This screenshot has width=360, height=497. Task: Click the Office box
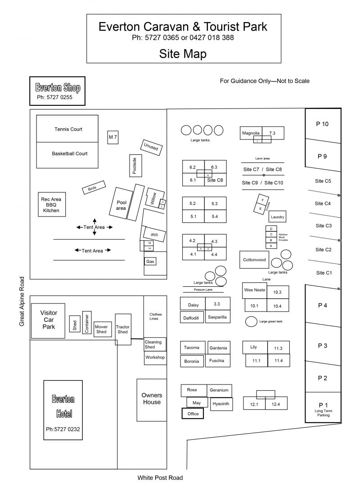193,414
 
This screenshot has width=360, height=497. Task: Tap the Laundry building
278,217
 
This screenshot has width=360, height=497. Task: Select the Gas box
150,261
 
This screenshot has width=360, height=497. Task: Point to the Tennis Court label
68,129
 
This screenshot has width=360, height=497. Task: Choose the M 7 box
113,136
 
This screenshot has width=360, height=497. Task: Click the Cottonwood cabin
254,260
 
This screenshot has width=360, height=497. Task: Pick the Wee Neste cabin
254,290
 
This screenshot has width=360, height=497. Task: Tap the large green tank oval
251,321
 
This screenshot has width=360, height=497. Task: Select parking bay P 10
322,124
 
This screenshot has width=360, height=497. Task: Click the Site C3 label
324,226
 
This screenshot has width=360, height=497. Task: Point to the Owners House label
152,399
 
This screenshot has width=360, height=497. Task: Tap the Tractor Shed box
123,330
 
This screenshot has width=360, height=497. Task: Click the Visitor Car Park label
48,320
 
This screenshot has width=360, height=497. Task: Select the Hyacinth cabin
221,404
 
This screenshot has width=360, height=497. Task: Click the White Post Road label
160,478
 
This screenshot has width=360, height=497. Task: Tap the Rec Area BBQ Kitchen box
51,205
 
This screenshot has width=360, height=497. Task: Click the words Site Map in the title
183,54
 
